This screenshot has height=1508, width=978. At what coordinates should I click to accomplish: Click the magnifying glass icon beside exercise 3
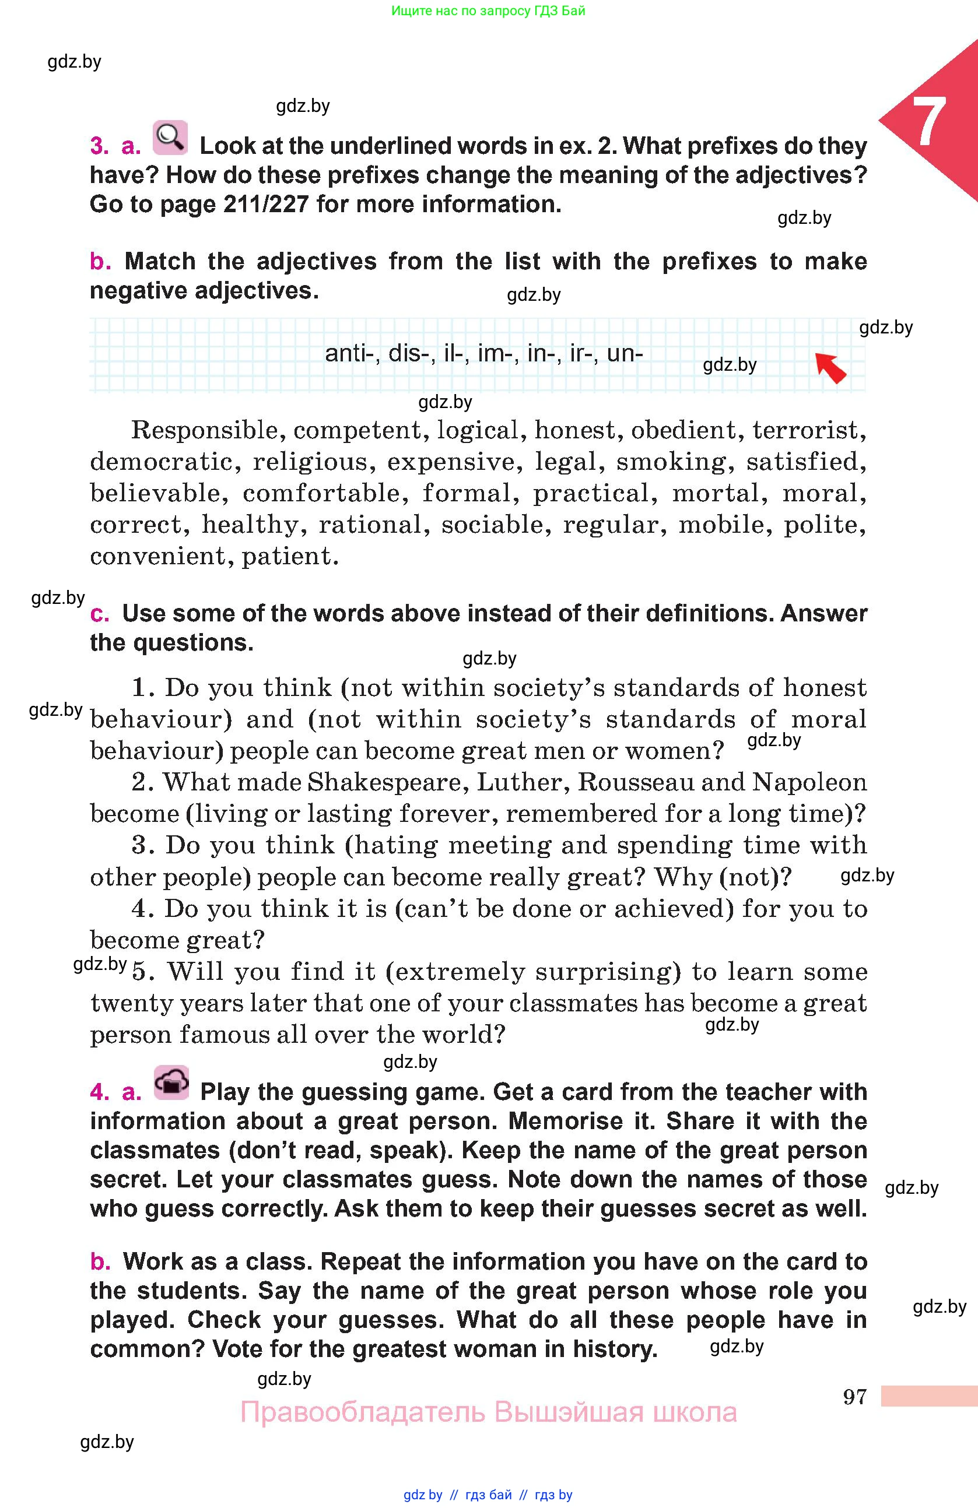click(170, 138)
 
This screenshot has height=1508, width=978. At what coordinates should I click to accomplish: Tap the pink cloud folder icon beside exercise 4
click(171, 1083)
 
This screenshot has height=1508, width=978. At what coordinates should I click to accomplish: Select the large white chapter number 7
click(928, 123)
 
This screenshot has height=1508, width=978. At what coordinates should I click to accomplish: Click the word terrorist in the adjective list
click(808, 430)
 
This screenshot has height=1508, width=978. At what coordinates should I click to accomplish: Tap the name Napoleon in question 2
click(809, 782)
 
